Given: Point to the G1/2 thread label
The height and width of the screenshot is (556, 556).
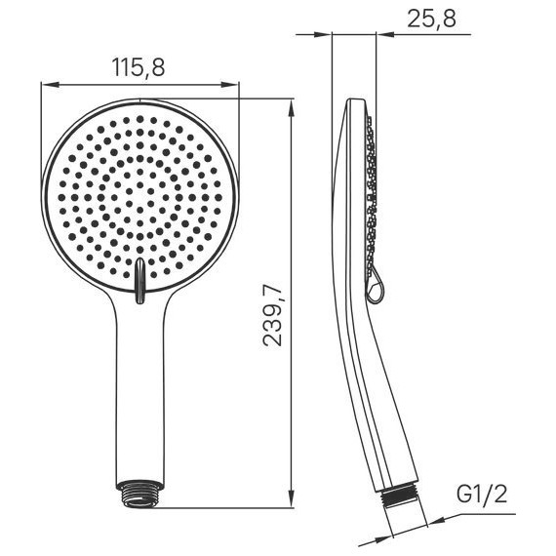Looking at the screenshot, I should pos(483,495).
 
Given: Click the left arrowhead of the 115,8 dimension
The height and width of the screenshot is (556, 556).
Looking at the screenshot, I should pos(47,85).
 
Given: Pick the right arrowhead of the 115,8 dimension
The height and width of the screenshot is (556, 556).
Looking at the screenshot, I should pos(233,85).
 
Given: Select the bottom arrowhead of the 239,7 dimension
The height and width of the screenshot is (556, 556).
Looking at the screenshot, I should pos(295,501).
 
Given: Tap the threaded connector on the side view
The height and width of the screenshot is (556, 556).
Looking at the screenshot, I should pos(400,495).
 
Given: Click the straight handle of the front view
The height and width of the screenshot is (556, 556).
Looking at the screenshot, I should pos(140,390).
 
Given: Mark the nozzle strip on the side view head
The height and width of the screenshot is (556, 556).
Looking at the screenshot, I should pos(370,195).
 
